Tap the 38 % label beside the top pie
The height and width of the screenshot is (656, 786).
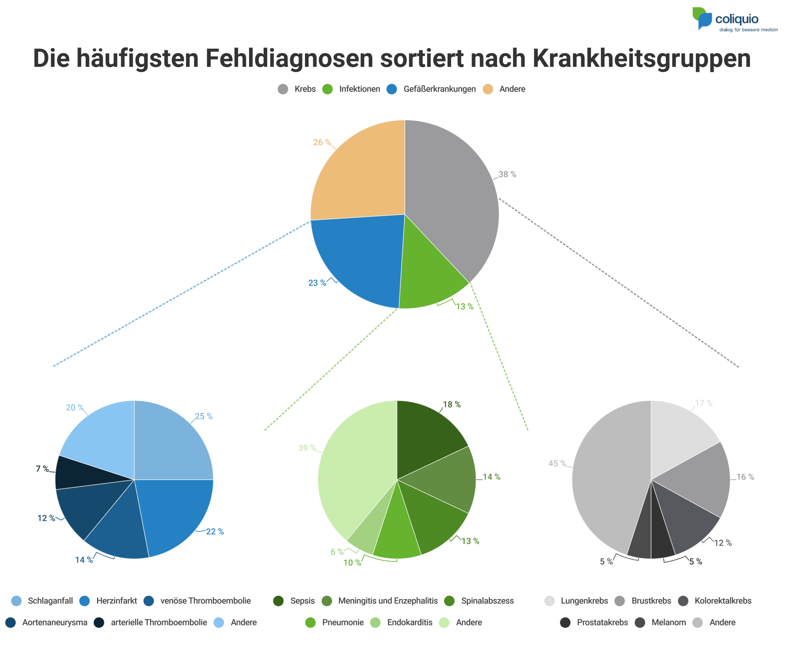coord(507,174)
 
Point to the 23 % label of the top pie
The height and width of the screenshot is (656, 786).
coord(317,283)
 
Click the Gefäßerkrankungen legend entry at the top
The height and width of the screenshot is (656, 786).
coord(439,89)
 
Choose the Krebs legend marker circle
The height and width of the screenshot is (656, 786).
coord(283,89)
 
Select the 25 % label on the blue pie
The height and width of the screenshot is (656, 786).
coord(204,416)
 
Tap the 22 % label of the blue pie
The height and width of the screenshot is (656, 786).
coord(215,532)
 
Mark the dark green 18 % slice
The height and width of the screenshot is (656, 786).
coord(426,438)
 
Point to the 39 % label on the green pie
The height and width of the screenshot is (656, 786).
coord(307,448)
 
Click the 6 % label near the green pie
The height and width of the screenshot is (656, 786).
coord(337,552)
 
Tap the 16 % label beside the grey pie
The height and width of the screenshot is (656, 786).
coord(745,477)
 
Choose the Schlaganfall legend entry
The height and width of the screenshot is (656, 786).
coord(50,601)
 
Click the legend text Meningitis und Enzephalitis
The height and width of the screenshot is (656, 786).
coord(388,601)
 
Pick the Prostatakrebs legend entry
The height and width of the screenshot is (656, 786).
coord(602,623)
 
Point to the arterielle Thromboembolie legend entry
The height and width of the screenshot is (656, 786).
coord(159,623)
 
